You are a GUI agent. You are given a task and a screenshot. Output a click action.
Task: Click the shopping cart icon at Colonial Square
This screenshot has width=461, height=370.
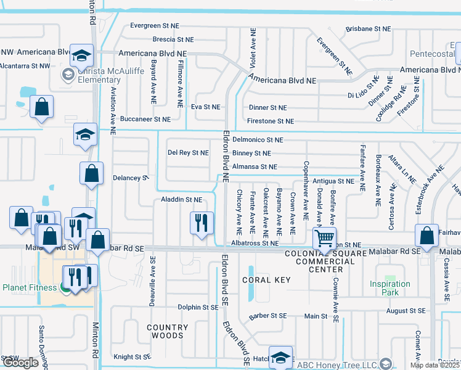coord(324,237)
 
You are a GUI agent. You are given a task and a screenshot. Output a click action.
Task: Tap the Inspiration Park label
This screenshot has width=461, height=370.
coord(390,288)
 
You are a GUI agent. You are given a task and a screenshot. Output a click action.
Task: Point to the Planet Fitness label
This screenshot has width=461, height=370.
coord(30,287)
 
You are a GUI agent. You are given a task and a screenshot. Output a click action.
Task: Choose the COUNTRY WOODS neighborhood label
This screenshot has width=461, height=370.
coord(168,331)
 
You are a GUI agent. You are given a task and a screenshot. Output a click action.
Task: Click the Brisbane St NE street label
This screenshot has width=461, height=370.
coord(368,29)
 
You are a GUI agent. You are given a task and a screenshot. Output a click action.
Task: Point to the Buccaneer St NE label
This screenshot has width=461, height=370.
coord(145,119)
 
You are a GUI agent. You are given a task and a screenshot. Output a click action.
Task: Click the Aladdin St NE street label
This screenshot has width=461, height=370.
coord(181,200)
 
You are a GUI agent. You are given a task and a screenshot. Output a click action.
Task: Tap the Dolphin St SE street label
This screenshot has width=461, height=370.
coord(198,307)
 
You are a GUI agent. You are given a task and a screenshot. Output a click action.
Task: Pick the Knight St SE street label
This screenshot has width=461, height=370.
coord(133,356)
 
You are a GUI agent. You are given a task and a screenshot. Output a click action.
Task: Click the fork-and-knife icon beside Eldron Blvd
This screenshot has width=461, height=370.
coord(201,222)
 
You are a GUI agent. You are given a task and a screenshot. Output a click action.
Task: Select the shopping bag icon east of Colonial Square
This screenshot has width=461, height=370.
coord(426,235)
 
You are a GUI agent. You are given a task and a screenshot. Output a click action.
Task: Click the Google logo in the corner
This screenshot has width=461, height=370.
coord(20,362)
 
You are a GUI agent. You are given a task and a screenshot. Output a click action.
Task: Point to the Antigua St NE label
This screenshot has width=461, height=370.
coord(333,181)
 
